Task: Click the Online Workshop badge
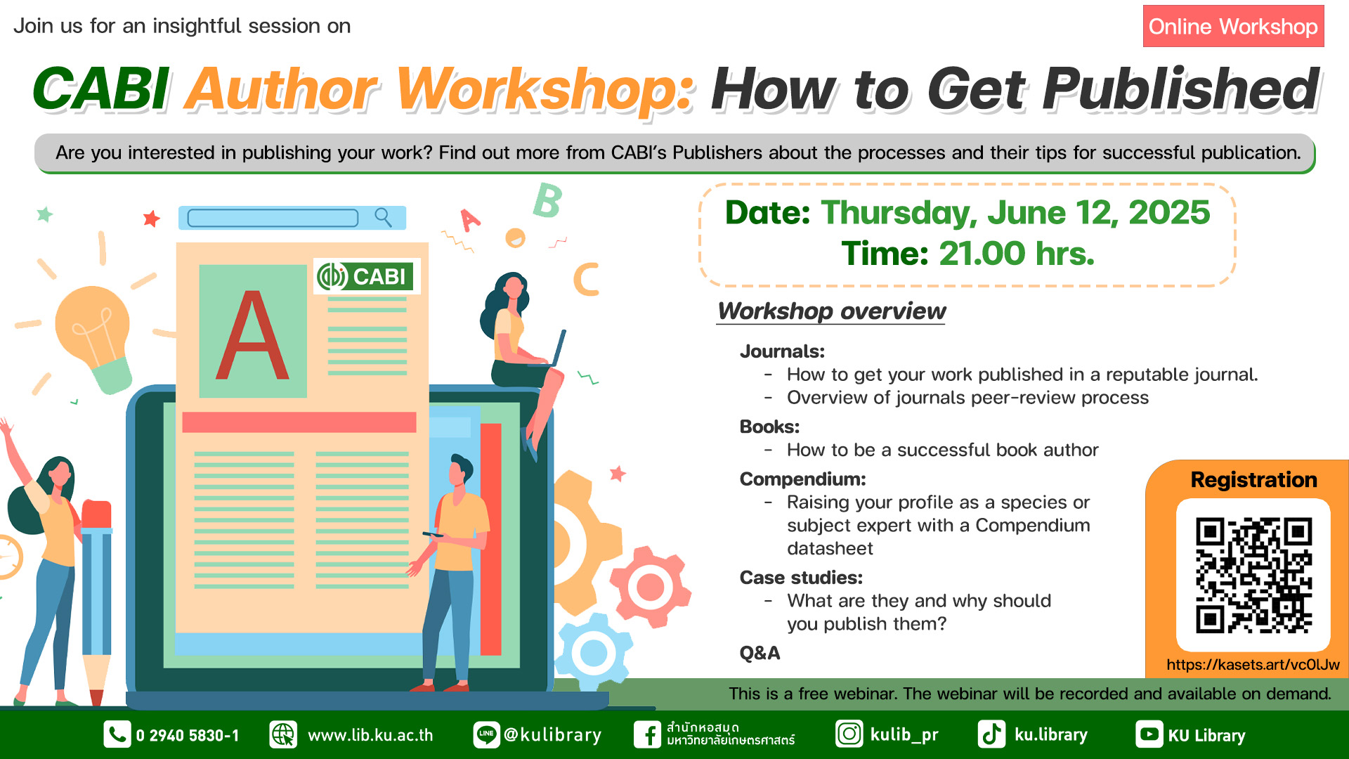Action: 1233,26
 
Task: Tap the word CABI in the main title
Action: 100,89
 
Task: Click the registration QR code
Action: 1253,575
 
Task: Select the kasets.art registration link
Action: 1253,665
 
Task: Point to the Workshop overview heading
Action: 831,311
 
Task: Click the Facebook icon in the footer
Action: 647,734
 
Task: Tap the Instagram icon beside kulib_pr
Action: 849,734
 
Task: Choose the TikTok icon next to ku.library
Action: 991,734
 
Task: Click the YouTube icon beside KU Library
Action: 1149,734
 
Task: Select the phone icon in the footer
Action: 117,734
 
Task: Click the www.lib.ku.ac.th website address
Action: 370,735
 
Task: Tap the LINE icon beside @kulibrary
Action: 486,734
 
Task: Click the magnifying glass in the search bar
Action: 383,217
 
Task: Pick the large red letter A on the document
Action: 252,335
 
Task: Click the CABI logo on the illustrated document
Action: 366,276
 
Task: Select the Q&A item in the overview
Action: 760,653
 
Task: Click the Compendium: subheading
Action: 802,479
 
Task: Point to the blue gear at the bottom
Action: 594,651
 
